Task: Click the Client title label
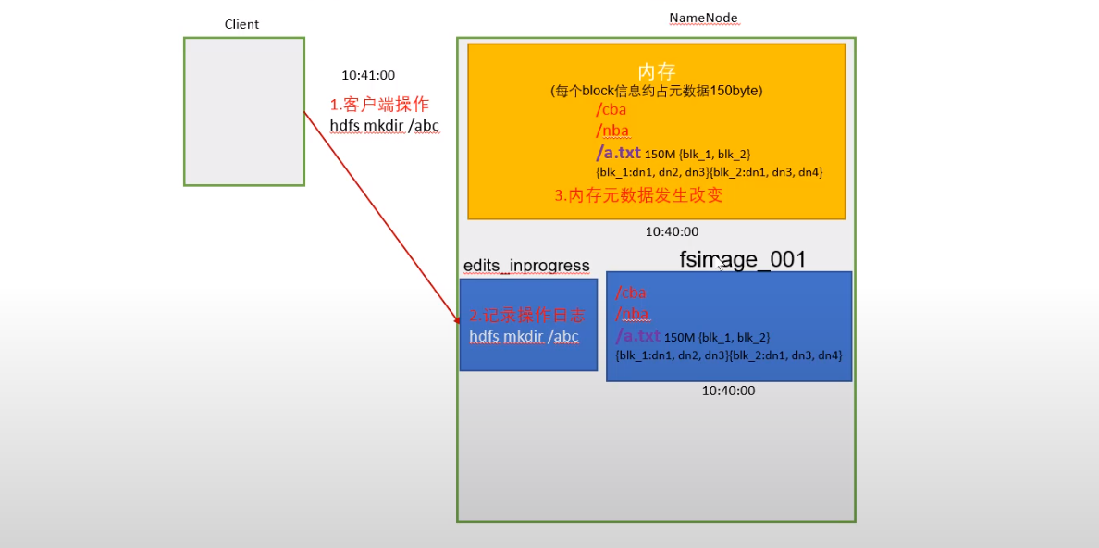pyautogui.click(x=241, y=24)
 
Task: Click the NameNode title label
pyautogui.click(x=703, y=19)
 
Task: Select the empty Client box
pyautogui.click(x=244, y=111)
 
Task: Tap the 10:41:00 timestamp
pyautogui.click(x=368, y=76)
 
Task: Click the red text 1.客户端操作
pyautogui.click(x=379, y=105)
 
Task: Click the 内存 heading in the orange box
pyautogui.click(x=657, y=72)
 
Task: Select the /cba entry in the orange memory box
pyautogui.click(x=611, y=109)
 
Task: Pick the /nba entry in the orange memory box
pyautogui.click(x=612, y=131)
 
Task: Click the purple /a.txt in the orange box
pyautogui.click(x=618, y=152)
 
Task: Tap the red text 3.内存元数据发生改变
pyautogui.click(x=638, y=195)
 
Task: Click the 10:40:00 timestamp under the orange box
pyautogui.click(x=672, y=232)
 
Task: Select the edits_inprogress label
pyautogui.click(x=526, y=267)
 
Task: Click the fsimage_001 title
pyautogui.click(x=743, y=260)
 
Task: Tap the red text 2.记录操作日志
pyautogui.click(x=526, y=316)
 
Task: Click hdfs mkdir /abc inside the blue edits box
pyautogui.click(x=524, y=337)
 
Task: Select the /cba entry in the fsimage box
pyautogui.click(x=631, y=293)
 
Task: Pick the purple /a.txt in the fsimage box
pyautogui.click(x=637, y=336)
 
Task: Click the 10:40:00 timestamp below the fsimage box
pyautogui.click(x=728, y=391)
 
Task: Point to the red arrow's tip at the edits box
pyautogui.click(x=459, y=323)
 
